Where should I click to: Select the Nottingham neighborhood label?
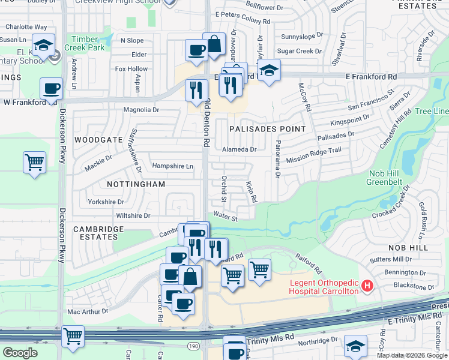pos(136,184)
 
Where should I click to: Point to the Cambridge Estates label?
pos(98,233)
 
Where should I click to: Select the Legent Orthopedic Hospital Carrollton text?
pos(324,287)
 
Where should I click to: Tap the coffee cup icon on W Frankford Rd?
pos(51,89)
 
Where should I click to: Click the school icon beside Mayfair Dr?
pos(270,71)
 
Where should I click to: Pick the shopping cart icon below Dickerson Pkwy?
pos(73,337)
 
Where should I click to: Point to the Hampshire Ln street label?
pos(173,166)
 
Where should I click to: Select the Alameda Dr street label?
pos(240,149)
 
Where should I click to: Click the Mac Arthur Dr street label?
pos(88,311)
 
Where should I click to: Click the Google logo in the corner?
pos(20,353)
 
